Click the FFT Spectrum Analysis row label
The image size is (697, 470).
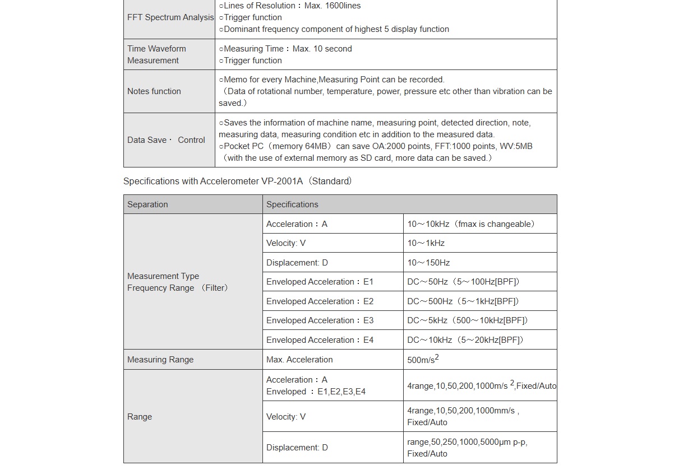tap(170, 17)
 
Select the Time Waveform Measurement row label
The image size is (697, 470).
tap(156, 54)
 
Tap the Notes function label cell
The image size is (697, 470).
tap(154, 91)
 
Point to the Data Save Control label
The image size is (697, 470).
tap(166, 140)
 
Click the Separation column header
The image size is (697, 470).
tap(147, 204)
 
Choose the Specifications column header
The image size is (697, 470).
tap(292, 204)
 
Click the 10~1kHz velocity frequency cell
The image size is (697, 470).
tap(426, 243)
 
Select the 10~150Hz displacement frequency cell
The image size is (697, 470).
tap(428, 263)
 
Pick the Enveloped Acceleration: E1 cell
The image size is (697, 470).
tap(320, 282)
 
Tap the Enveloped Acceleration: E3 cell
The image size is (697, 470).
tap(320, 320)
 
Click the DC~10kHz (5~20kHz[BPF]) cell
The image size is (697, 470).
tap(465, 340)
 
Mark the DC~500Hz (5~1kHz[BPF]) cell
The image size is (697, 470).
tap(463, 301)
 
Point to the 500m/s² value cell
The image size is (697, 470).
tap(423, 360)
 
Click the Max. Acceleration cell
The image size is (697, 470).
tap(299, 360)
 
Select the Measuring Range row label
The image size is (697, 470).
tap(160, 360)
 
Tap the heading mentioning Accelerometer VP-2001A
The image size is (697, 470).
tap(237, 181)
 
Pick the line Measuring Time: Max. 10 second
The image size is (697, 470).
tap(285, 49)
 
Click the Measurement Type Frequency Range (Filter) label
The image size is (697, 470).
tap(177, 282)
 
